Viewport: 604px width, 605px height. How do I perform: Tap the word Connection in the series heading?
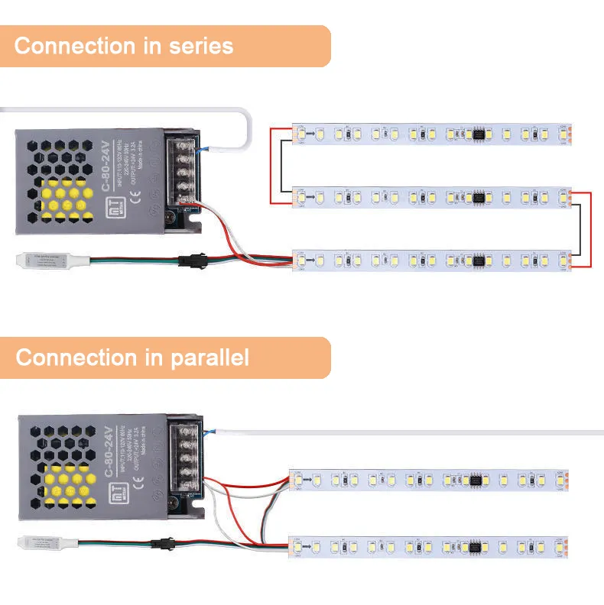[x=76, y=46]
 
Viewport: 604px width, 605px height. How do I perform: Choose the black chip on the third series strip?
[x=479, y=260]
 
